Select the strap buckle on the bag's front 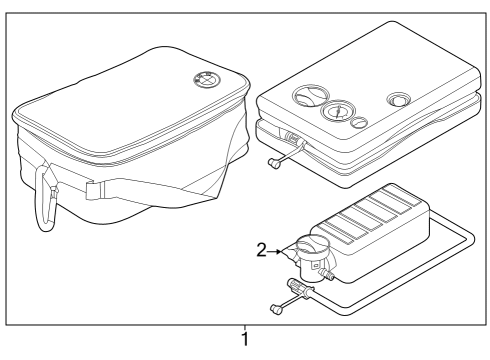coord(92,187)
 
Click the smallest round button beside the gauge coord(357,125)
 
